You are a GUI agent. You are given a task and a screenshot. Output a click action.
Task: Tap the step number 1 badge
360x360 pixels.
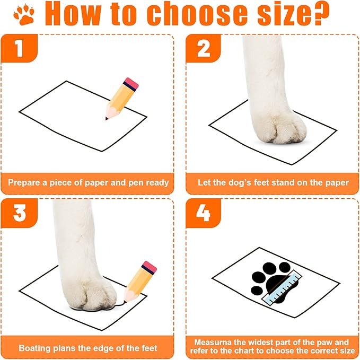pos(20,49)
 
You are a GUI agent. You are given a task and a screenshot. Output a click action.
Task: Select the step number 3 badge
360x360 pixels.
pos(20,214)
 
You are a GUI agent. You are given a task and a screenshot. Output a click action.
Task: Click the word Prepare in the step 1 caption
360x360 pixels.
pos(25,182)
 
